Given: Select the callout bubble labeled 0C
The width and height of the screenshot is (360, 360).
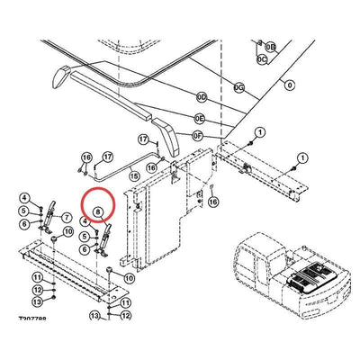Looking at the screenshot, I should point(262,58).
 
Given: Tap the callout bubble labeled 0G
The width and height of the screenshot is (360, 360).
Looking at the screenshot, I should point(238,87).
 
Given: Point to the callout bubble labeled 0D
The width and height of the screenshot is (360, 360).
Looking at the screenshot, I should point(202,96).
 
